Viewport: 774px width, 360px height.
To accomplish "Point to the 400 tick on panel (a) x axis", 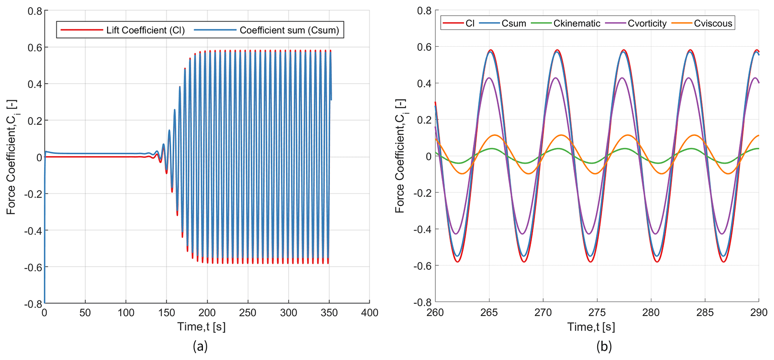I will [x=370, y=312].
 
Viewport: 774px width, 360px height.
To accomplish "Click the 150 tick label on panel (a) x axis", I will [x=166, y=312].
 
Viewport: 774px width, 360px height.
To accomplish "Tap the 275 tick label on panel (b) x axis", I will [x=597, y=312].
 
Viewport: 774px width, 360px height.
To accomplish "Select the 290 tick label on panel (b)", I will [x=759, y=312].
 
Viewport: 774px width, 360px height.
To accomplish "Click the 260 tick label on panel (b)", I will [x=435, y=312].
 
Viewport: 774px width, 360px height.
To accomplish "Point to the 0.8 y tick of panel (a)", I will [x=35, y=11].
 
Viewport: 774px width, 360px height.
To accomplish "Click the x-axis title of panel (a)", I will [x=201, y=327].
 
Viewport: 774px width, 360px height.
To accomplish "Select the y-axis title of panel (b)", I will [x=401, y=156].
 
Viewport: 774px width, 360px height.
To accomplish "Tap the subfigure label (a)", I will [x=200, y=346].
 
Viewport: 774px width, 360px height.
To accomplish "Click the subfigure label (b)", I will [x=604, y=346].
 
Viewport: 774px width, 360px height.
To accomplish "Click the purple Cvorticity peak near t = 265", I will [x=489, y=78].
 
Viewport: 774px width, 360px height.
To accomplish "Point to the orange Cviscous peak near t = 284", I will [x=695, y=135].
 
